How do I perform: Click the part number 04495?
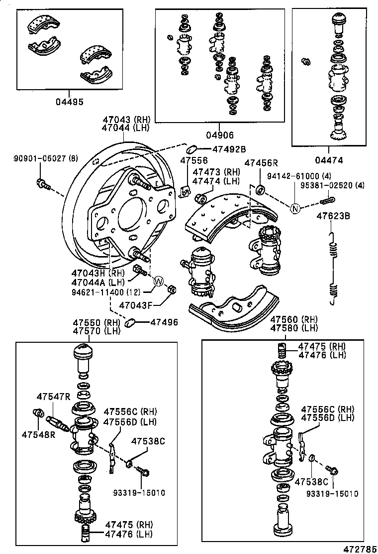pyautogui.click(x=69, y=102)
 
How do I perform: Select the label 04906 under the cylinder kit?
pyautogui.click(x=219, y=135)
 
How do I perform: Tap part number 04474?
pyautogui.click(x=328, y=160)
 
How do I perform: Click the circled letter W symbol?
pyautogui.click(x=158, y=281)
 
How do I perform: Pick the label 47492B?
pyautogui.click(x=229, y=149)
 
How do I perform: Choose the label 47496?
pyautogui.click(x=164, y=323)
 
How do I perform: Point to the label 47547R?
pyautogui.click(x=53, y=397)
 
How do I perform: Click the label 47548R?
pyautogui.click(x=38, y=434)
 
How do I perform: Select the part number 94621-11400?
pyautogui.click(x=102, y=292)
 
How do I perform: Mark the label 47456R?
pyautogui.click(x=262, y=163)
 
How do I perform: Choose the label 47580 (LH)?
pyautogui.click(x=294, y=328)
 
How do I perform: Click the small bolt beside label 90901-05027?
pyautogui.click(x=43, y=184)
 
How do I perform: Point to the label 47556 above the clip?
pyautogui.click(x=192, y=160)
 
